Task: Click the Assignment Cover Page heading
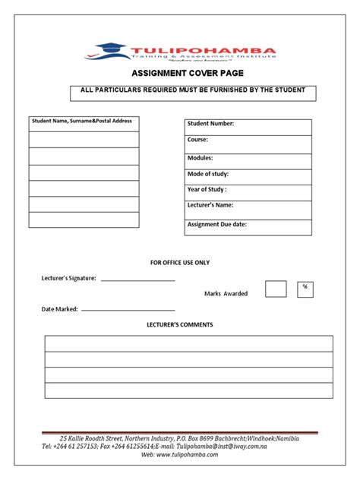pos(179,74)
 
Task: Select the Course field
pos(248,144)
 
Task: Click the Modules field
pos(248,160)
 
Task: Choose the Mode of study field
pos(248,176)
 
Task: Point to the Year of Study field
pos(248,192)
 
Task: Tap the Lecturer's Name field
pos(248,209)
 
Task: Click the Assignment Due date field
pos(248,227)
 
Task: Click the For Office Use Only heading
pos(180,263)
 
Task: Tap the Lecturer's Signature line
pos(137,279)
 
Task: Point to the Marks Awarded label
pos(226,294)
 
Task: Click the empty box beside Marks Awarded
pos(276,289)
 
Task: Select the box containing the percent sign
pos(305,289)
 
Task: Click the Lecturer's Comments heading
pos(180,325)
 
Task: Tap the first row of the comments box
pos(188,343)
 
